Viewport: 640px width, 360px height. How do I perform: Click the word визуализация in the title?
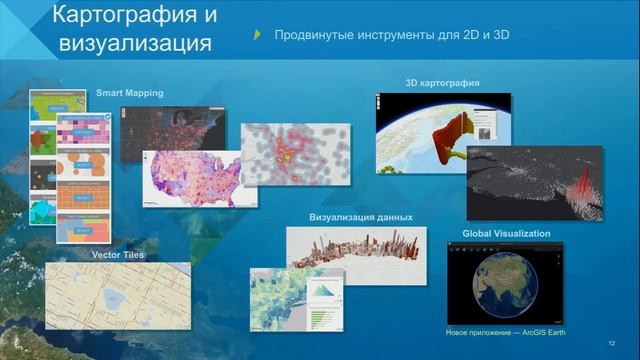click(147, 44)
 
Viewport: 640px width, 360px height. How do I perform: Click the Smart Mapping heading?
click(129, 93)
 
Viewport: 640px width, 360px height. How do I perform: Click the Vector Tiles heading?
click(118, 255)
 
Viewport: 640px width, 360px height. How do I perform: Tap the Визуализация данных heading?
click(361, 217)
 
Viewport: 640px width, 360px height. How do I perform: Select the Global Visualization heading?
click(506, 233)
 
